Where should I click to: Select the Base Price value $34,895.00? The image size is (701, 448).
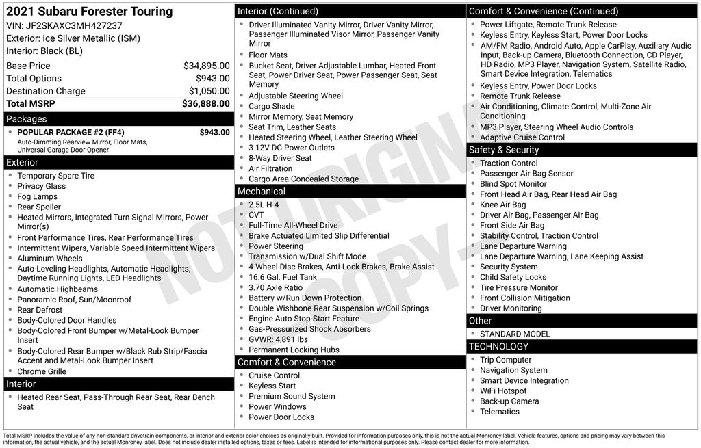tap(206, 66)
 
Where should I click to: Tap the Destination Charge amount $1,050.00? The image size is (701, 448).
tap(209, 91)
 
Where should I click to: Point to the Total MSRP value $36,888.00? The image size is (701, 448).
tap(205, 104)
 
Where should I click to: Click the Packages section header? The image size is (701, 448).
tap(27, 119)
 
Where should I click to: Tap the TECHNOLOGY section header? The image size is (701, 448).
tap(498, 347)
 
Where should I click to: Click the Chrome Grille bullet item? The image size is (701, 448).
tap(42, 371)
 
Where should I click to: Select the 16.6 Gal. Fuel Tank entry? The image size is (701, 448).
tap(283, 277)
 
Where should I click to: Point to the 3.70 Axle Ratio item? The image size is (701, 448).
tap(275, 288)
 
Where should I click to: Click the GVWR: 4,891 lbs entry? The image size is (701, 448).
tap(278, 339)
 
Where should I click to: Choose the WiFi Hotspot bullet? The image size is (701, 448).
tap(503, 391)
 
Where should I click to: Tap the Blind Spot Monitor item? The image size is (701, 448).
tap(513, 184)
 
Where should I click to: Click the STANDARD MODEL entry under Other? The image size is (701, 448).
tap(515, 334)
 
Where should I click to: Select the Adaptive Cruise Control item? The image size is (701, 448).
tap(522, 137)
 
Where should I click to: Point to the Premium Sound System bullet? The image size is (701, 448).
tap(292, 396)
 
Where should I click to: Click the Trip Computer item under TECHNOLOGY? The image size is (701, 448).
tap(505, 360)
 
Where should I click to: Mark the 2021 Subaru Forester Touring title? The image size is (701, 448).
tap(89, 12)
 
